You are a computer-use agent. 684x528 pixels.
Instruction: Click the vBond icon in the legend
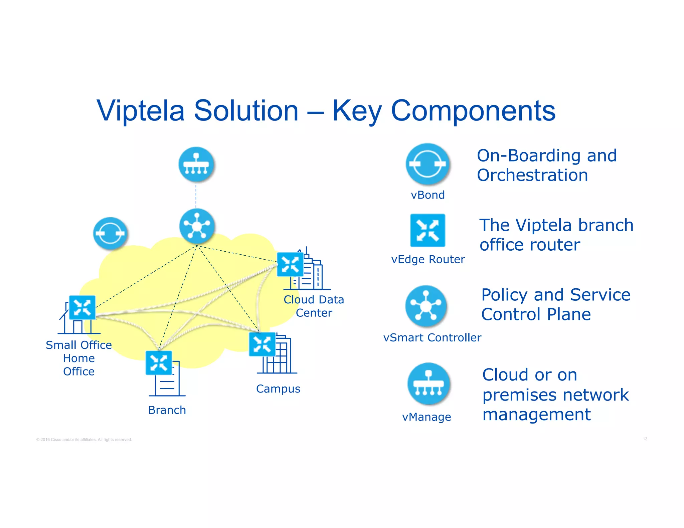click(x=427, y=164)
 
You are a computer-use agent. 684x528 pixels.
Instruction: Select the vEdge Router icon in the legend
click(x=427, y=230)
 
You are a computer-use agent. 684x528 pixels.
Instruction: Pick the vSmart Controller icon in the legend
click(x=426, y=306)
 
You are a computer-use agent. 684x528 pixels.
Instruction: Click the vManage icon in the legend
click(x=429, y=383)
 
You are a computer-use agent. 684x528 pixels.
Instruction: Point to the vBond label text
click(x=427, y=195)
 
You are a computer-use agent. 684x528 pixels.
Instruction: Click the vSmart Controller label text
click(x=432, y=337)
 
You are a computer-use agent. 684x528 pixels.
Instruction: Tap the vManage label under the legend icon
click(x=426, y=417)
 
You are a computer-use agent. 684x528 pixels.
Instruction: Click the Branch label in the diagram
click(x=167, y=410)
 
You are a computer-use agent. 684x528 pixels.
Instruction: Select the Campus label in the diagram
click(x=278, y=389)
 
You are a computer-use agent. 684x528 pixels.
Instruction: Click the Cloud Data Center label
click(x=314, y=306)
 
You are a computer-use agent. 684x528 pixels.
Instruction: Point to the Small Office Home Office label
click(x=79, y=358)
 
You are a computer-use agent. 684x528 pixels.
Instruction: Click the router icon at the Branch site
click(x=159, y=363)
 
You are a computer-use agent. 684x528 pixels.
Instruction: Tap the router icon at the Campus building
click(x=262, y=344)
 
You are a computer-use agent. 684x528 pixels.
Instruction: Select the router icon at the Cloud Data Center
click(x=290, y=264)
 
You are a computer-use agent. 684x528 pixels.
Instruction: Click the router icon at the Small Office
click(x=82, y=307)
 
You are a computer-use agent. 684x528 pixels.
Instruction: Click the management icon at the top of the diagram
click(x=196, y=164)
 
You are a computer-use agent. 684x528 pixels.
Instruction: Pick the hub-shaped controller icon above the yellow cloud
click(x=197, y=226)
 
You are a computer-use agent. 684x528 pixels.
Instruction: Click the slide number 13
click(x=645, y=439)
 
